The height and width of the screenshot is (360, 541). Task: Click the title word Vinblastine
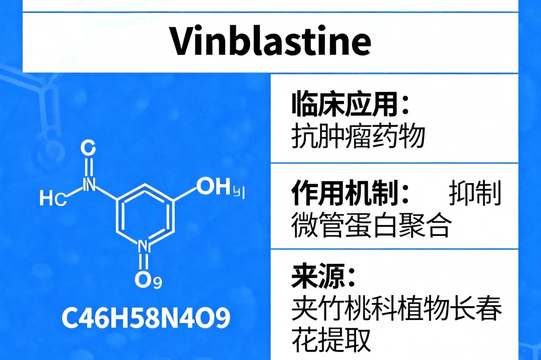pyautogui.click(x=271, y=41)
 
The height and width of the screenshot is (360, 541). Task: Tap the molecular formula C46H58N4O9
pyautogui.click(x=146, y=318)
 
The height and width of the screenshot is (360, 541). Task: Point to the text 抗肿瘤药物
pyautogui.click(x=358, y=136)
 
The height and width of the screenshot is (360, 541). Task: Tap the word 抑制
pyautogui.click(x=475, y=193)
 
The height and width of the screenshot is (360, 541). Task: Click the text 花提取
pyautogui.click(x=331, y=339)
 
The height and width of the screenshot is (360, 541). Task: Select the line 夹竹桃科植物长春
pyautogui.click(x=397, y=309)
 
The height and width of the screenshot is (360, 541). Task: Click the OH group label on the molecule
pyautogui.click(x=213, y=186)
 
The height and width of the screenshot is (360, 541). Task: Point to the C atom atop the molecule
pyautogui.click(x=88, y=148)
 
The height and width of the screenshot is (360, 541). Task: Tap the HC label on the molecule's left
pyautogui.click(x=53, y=198)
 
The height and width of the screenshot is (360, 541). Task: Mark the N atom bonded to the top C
pyautogui.click(x=89, y=184)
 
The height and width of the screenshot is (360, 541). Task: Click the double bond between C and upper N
pyautogui.click(x=89, y=167)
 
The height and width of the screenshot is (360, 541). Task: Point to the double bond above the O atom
pyautogui.click(x=143, y=262)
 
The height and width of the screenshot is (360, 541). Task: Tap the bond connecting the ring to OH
pyautogui.click(x=184, y=194)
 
